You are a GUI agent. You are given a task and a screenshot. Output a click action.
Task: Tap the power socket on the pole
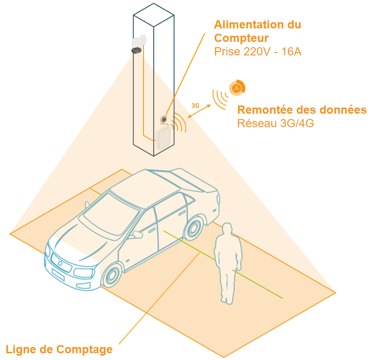(164, 120)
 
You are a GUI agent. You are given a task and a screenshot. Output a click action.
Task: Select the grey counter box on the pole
(163, 138)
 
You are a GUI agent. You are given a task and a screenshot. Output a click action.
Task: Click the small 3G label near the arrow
(195, 106)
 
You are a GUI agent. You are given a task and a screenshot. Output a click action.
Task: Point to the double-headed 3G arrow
(199, 111)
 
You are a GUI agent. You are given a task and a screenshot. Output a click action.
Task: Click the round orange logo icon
(237, 88)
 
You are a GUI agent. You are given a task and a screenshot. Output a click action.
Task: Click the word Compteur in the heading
(241, 38)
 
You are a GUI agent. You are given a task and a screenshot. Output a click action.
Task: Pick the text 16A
(292, 52)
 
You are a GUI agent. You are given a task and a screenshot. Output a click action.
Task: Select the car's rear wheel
(194, 228)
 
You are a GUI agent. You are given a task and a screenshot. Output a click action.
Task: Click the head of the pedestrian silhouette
(227, 229)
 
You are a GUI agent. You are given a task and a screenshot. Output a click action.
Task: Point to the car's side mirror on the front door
(136, 235)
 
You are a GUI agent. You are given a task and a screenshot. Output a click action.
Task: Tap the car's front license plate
(58, 275)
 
